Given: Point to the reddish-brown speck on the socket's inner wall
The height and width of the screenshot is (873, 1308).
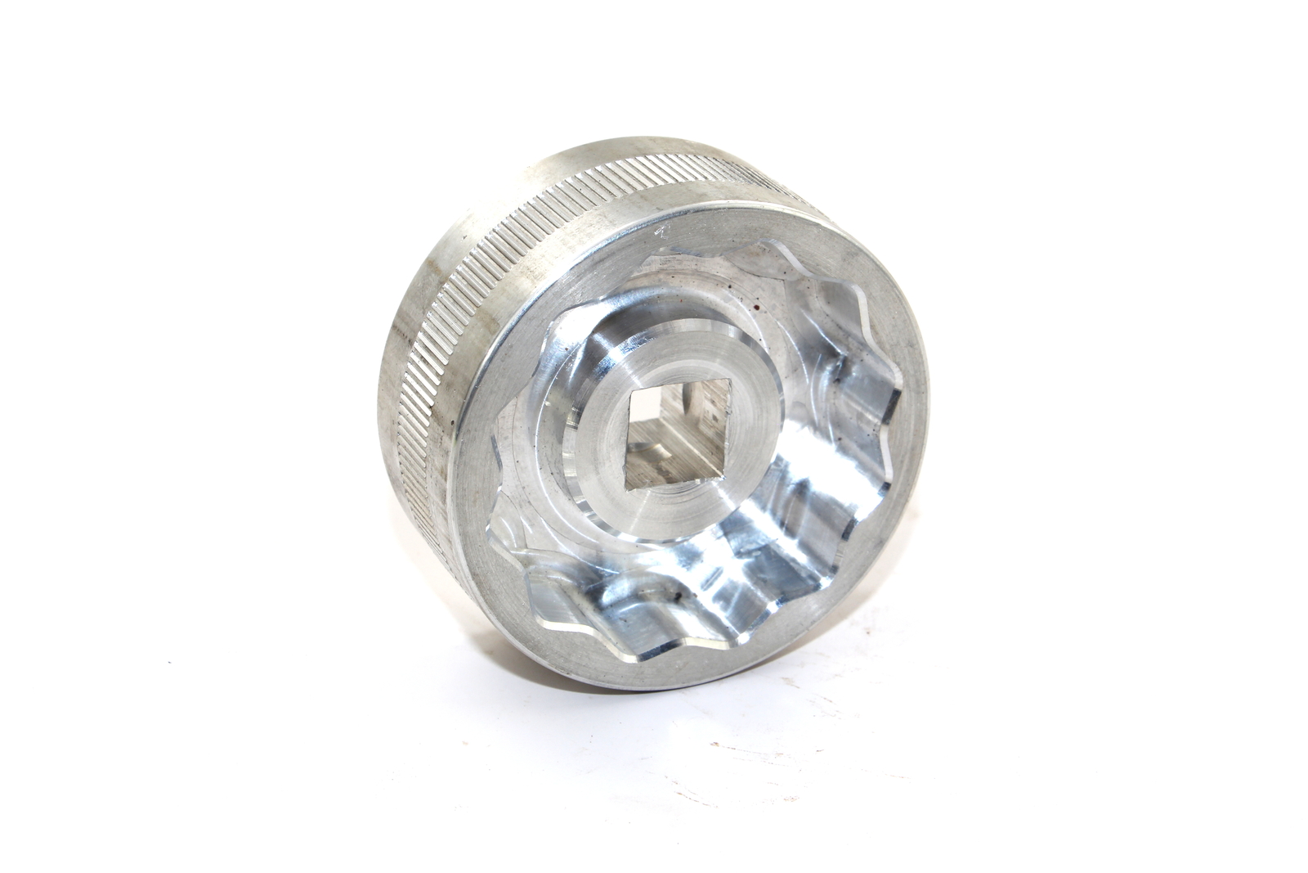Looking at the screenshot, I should pos(756,307).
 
